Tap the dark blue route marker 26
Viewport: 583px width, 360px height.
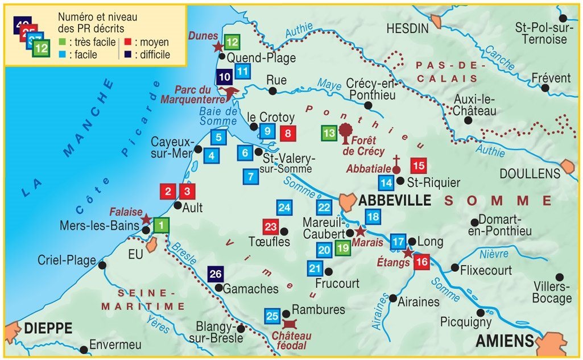215,274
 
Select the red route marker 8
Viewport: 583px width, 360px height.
288,134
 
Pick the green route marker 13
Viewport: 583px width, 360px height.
329,134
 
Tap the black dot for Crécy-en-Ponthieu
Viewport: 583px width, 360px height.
368,106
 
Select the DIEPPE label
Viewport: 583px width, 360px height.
48,328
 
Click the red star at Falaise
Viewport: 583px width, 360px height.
146,220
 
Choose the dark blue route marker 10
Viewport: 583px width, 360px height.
224,77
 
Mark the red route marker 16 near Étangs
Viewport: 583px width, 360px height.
421,263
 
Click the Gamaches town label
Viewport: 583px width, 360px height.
250,289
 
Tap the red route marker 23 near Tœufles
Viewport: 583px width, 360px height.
271,227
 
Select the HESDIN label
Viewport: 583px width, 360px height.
407,28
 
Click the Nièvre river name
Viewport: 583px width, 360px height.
494,254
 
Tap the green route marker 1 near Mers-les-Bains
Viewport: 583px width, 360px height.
162,226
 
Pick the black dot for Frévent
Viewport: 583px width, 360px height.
545,88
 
